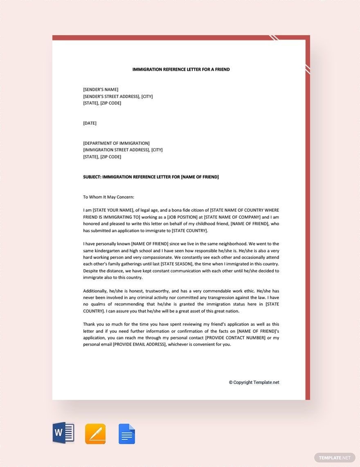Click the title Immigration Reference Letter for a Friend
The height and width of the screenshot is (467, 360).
[x=181, y=70]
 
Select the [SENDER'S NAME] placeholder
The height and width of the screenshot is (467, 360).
[x=101, y=90]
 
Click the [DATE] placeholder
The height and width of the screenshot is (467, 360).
[x=90, y=123]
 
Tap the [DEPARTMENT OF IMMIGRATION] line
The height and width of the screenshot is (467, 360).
[x=116, y=143]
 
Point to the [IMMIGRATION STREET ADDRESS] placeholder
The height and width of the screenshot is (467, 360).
[x=116, y=150]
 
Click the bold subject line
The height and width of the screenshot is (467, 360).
[x=151, y=177]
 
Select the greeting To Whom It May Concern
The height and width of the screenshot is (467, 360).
[x=108, y=197]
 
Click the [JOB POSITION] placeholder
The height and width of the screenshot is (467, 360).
[x=187, y=217]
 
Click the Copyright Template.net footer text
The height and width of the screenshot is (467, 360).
[x=254, y=382]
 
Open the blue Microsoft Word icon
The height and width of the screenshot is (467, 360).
[x=63, y=433]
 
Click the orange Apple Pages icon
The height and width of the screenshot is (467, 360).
[x=95, y=434]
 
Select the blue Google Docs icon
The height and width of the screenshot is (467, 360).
[x=127, y=434]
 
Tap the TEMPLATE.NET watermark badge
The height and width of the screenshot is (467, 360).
[x=334, y=458]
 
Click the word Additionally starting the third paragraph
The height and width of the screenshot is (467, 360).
[x=95, y=291]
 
